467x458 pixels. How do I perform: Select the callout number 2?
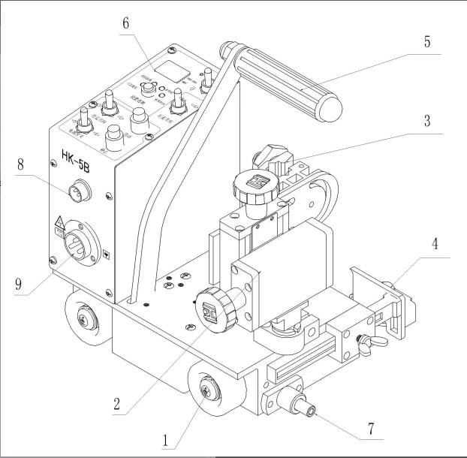[117, 403]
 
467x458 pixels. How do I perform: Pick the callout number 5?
[426, 41]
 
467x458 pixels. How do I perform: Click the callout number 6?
[125, 23]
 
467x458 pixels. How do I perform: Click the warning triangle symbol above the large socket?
[57, 221]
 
